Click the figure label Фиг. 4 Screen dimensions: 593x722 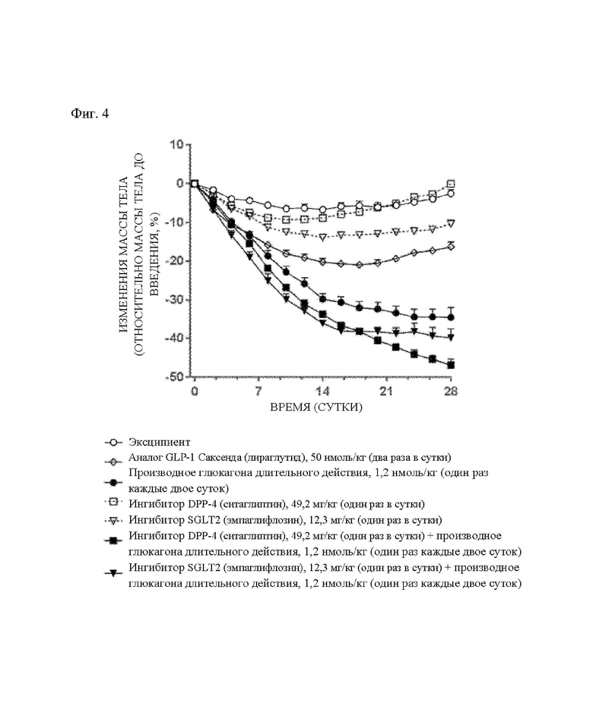tap(90, 113)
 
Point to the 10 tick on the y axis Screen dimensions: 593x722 tap(176, 144)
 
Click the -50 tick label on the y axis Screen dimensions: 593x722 tap(175, 377)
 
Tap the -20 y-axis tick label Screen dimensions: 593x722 tap(175, 260)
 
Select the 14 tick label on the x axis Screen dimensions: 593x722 tap(323, 391)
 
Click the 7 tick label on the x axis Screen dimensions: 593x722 tap(258, 391)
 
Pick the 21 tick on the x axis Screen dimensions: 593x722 tap(386, 391)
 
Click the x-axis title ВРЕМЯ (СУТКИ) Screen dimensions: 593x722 tap(316, 407)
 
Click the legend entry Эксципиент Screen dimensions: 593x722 tap(159, 443)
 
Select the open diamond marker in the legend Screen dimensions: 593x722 tap(113, 461)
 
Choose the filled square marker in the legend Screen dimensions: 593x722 tap(113, 541)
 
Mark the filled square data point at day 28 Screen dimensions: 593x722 tap(452, 365)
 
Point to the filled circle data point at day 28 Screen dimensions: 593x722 tap(452, 317)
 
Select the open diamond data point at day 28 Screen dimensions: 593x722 tap(451, 247)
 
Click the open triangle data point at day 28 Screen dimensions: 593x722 tap(452, 223)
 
